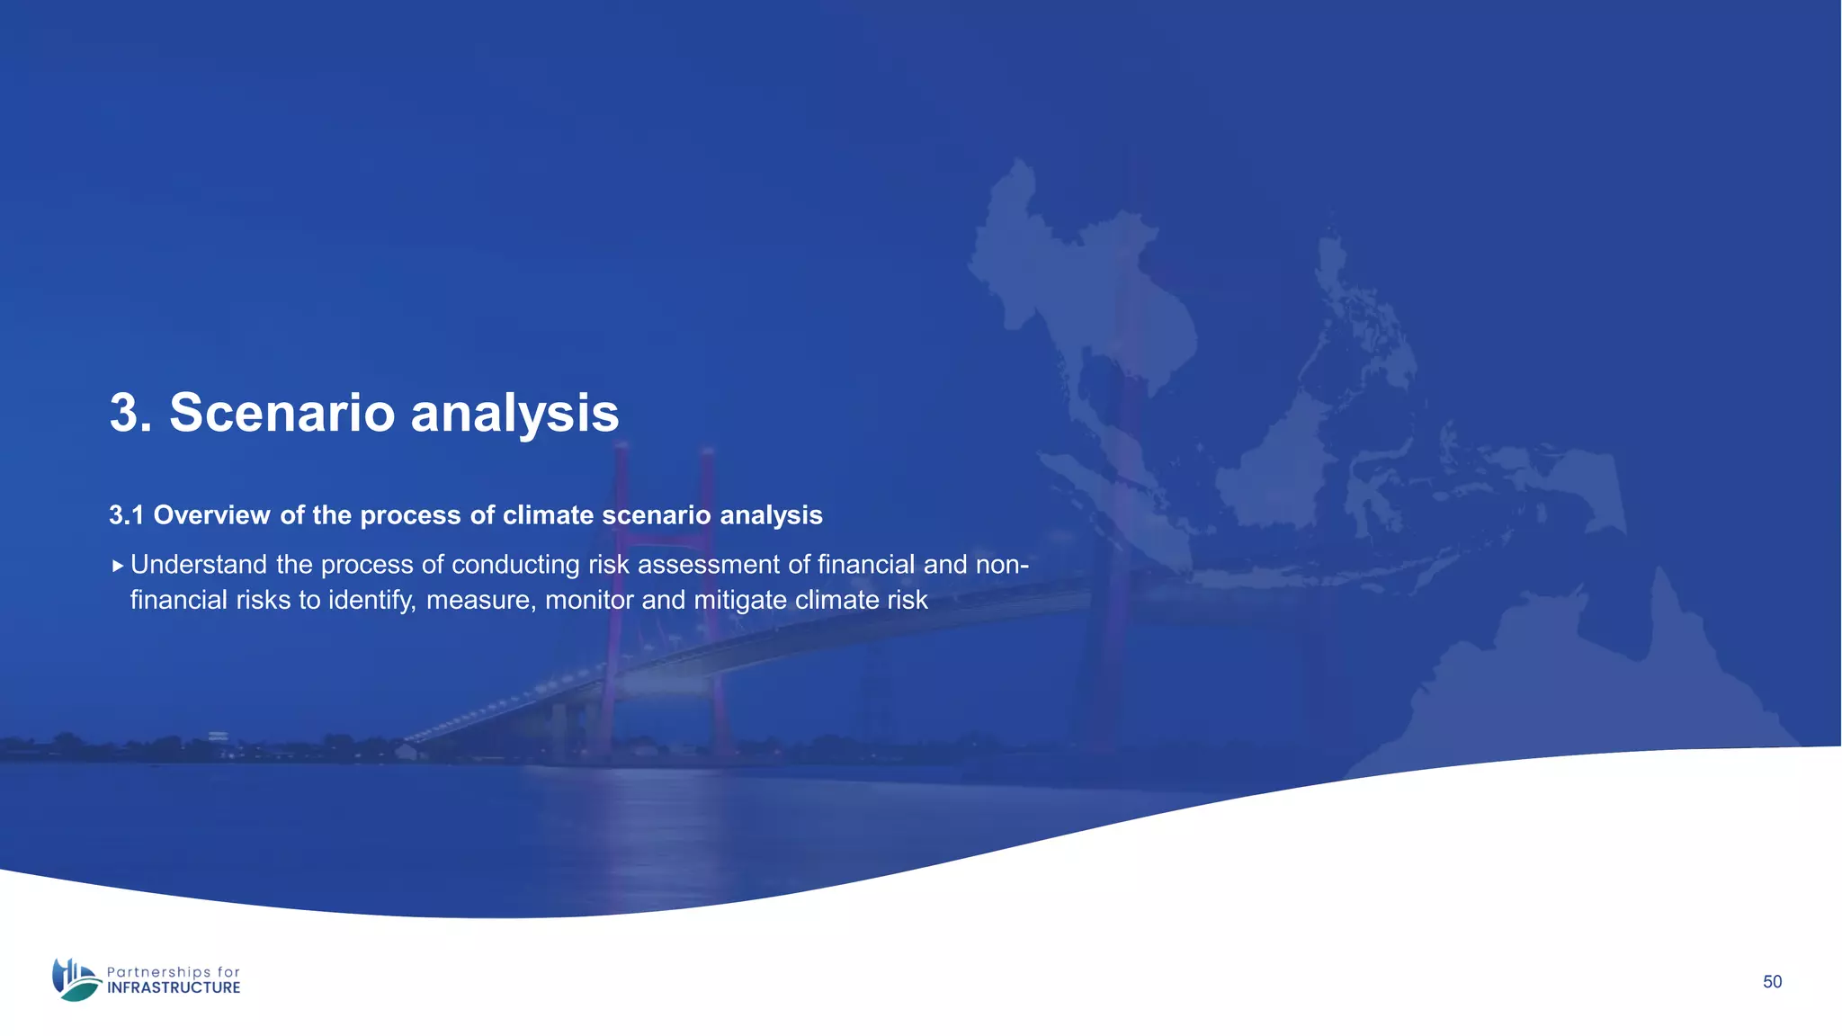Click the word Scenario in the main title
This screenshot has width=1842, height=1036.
tap(282, 413)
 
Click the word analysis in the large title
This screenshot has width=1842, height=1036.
tap(514, 413)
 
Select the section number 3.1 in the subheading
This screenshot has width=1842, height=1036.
tap(126, 515)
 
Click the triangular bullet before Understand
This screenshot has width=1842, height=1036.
tap(117, 566)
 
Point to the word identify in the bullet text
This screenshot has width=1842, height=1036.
tap(371, 600)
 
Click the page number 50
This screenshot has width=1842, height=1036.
tap(1772, 982)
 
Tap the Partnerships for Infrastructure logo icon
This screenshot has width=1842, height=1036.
tap(76, 979)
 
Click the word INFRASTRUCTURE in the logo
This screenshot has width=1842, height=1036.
tap(174, 987)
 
